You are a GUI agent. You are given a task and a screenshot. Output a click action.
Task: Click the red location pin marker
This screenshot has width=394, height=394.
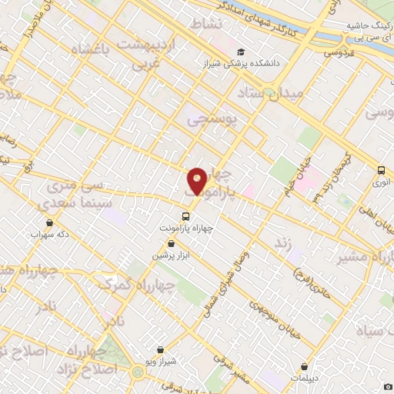point(197,182)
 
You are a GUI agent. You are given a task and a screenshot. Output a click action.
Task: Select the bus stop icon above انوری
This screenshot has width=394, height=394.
point(381,171)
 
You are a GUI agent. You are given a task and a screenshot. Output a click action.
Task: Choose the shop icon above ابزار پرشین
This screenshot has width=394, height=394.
point(171,242)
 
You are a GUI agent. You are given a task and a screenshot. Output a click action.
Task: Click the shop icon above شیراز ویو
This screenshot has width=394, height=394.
point(160,349)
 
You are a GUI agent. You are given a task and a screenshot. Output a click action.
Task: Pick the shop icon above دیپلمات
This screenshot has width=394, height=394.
point(306,367)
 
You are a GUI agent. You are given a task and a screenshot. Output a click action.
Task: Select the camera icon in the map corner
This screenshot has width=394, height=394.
point(388,386)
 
